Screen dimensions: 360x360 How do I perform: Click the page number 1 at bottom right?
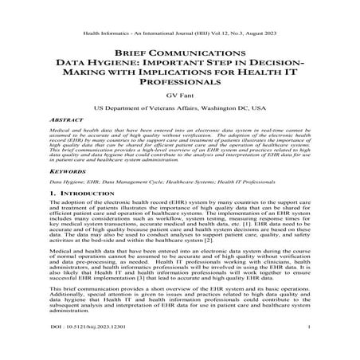click(307, 347)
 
